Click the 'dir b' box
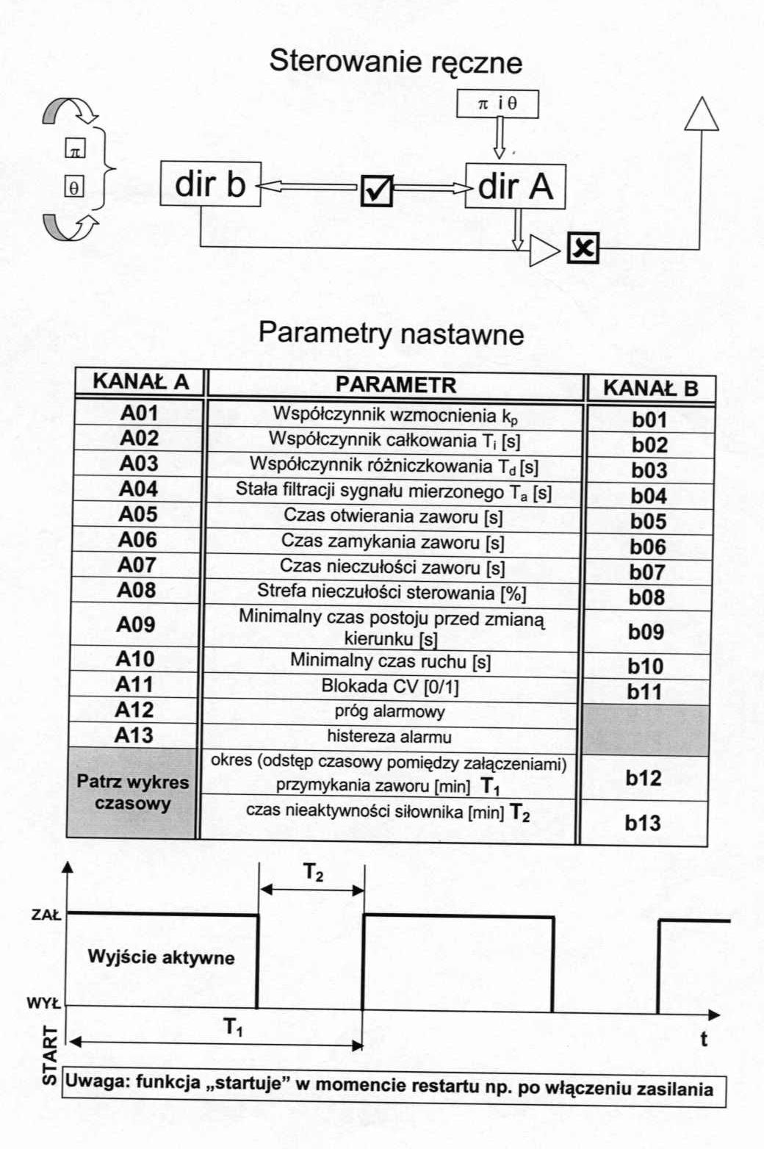point(210,184)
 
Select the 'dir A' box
point(515,186)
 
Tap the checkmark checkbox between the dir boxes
point(377,190)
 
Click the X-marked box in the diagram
point(583,248)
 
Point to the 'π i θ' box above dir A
point(497,104)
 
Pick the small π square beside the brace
point(75,148)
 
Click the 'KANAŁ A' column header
point(140,381)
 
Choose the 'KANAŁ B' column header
point(651,388)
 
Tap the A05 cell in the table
point(137,514)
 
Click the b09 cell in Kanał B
point(646,632)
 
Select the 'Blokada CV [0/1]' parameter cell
point(390,686)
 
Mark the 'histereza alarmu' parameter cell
point(389,737)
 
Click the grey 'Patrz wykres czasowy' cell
point(132,793)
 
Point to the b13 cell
point(643,823)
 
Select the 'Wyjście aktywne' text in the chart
point(161,957)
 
